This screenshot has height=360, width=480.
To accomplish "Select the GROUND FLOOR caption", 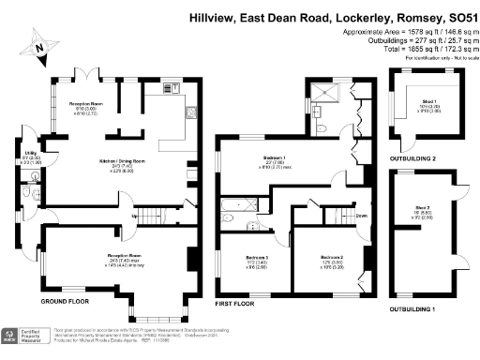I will tap(66, 305).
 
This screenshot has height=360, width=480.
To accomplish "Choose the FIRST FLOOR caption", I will tap(236, 305).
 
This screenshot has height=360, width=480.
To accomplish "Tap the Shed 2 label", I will tap(424, 209).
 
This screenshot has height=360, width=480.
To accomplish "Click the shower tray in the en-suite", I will tap(322, 96).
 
